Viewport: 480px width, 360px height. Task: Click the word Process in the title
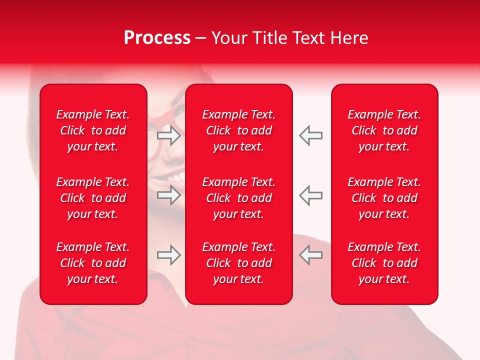tap(157, 38)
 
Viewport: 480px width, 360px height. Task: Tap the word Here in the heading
tap(349, 38)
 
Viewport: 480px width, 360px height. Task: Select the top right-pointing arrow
tap(169, 135)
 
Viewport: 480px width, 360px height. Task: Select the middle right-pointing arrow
tap(169, 195)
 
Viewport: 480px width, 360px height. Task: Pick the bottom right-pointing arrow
tap(169, 255)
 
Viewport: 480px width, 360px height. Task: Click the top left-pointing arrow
tap(311, 135)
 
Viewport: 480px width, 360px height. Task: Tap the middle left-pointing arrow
tap(311, 195)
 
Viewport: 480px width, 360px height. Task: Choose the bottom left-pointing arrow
tap(311, 255)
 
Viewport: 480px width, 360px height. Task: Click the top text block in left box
tap(93, 130)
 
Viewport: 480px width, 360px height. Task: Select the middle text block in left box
tap(93, 198)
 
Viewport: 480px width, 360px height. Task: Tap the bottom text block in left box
tap(93, 263)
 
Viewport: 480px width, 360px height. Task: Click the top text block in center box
tap(238, 130)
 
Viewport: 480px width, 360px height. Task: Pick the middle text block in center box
tap(238, 198)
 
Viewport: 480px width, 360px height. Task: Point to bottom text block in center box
tap(238, 263)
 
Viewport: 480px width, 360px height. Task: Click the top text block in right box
tap(384, 130)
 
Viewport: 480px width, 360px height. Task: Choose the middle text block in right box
tap(384, 198)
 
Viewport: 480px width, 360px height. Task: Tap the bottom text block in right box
tap(384, 263)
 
